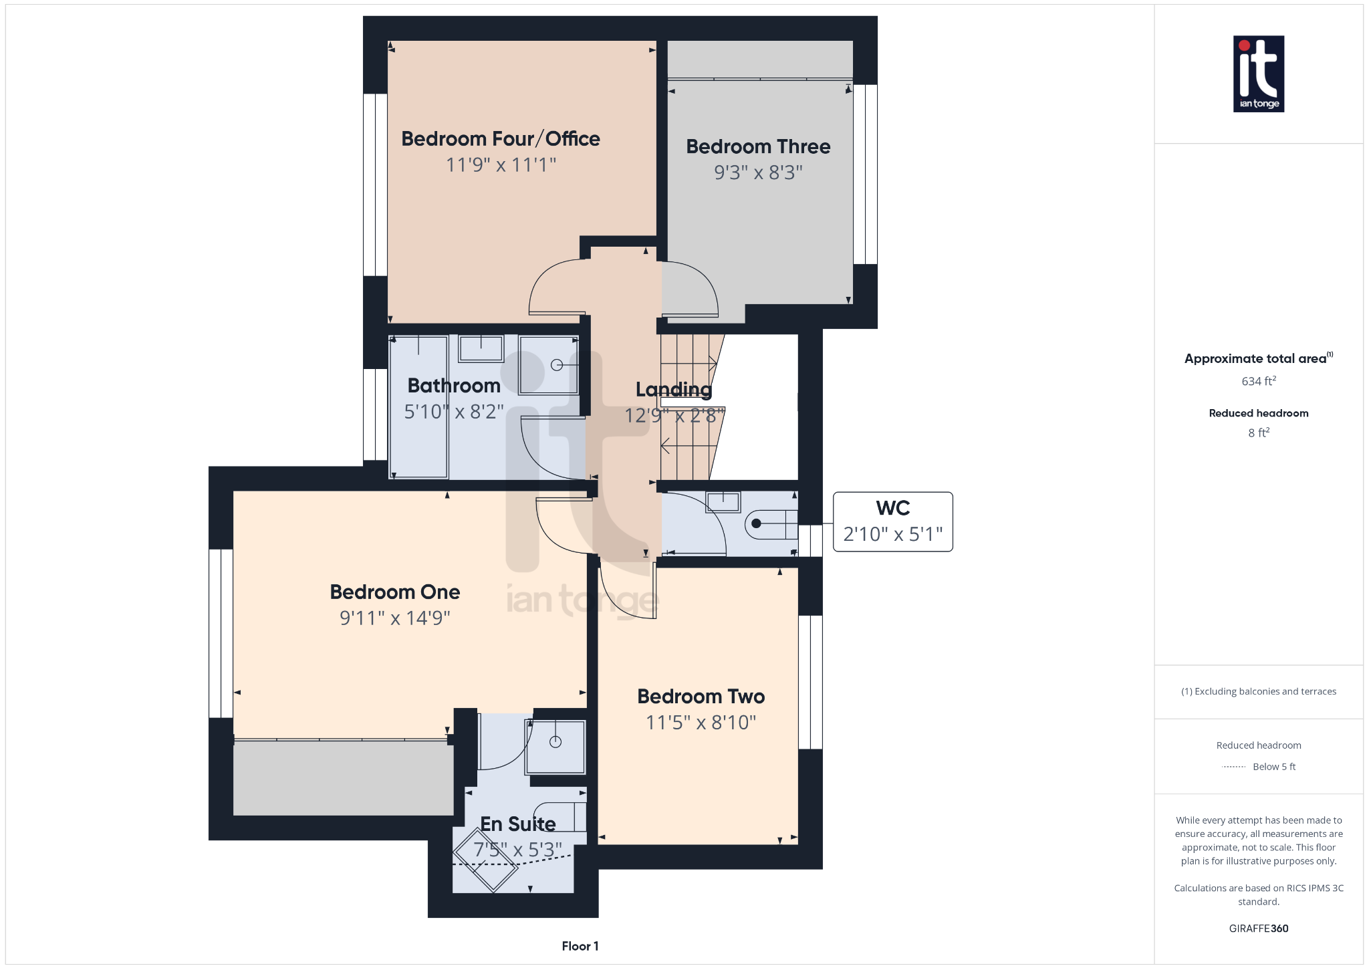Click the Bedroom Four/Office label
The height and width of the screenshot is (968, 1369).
click(x=500, y=138)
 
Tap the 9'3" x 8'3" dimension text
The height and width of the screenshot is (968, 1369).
click(x=758, y=172)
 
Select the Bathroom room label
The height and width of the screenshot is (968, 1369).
click(x=454, y=386)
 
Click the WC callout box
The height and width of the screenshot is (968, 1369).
click(x=892, y=522)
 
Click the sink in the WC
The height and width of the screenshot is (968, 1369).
click(x=723, y=501)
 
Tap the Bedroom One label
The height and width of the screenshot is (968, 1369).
click(x=394, y=592)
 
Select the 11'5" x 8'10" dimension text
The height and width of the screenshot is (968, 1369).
click(x=701, y=722)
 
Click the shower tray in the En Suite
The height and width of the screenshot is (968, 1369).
click(x=555, y=746)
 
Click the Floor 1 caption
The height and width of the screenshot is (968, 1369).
click(x=580, y=946)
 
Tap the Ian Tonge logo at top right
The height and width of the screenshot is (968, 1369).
click(x=1258, y=74)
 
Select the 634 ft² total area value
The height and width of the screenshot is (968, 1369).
click(x=1258, y=381)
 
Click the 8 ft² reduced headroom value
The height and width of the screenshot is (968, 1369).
click(x=1258, y=433)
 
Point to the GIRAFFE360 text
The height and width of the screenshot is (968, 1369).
click(x=1258, y=928)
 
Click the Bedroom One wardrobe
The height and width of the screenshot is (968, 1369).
click(x=343, y=778)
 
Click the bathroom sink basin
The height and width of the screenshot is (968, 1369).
click(x=481, y=348)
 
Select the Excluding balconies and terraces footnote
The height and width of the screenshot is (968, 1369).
click(x=1258, y=691)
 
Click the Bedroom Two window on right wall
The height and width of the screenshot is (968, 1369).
click(x=810, y=682)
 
